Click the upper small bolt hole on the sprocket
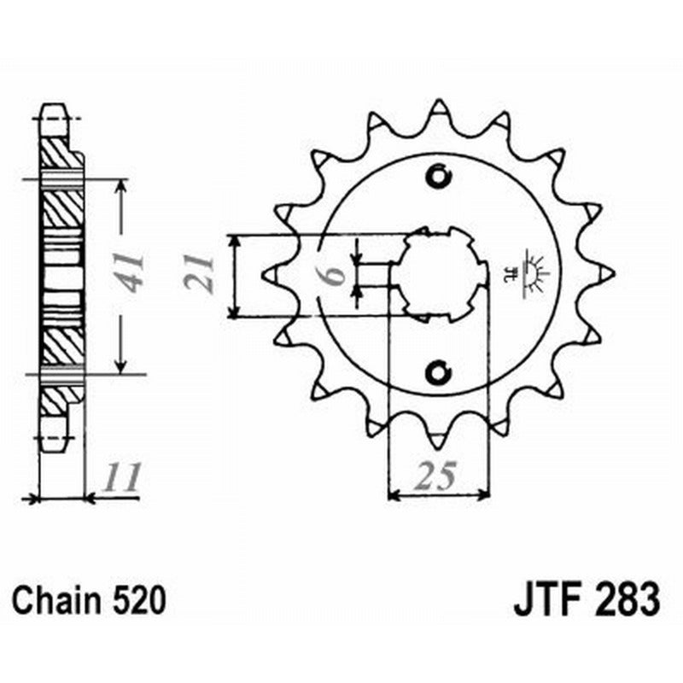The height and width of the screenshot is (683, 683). tap(439, 177)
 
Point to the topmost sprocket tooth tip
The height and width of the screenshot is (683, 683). tap(439, 103)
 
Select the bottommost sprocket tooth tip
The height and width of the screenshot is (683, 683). tap(439, 445)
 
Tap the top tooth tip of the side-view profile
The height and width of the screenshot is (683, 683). tap(53, 107)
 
